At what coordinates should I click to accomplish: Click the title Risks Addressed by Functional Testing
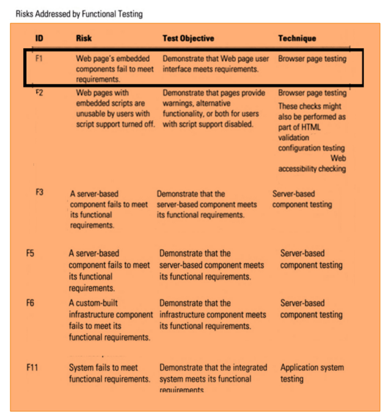click(x=79, y=13)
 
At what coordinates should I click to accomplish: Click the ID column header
click(x=39, y=38)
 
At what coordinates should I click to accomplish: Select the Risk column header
click(x=84, y=38)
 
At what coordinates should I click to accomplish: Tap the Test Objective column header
click(x=188, y=38)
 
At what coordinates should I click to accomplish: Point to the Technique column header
click(x=297, y=38)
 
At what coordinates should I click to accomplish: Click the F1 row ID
click(x=40, y=59)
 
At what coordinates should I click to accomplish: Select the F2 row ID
click(x=40, y=92)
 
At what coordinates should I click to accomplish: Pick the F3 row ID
click(x=40, y=192)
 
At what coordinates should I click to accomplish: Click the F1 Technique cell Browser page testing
click(x=312, y=59)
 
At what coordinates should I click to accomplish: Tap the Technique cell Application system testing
click(x=312, y=373)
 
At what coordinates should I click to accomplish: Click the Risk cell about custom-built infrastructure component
click(x=109, y=320)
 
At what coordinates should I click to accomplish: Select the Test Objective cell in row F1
click(x=216, y=64)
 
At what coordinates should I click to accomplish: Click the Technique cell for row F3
click(x=302, y=200)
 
